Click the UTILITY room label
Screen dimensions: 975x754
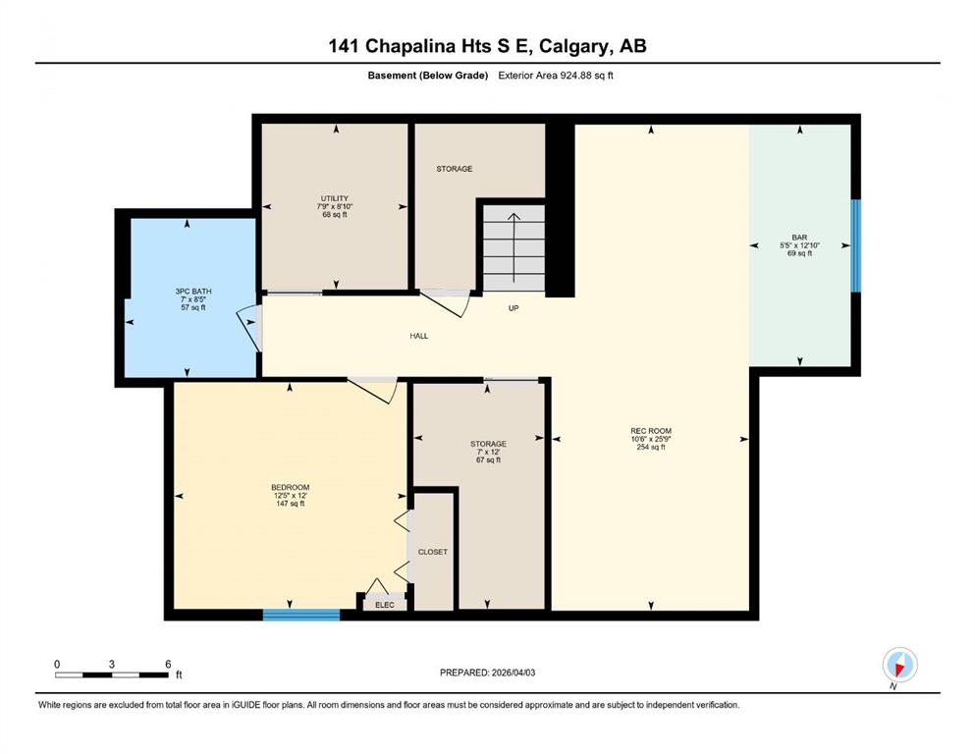pyautogui.click(x=335, y=198)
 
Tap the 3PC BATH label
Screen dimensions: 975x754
pyautogui.click(x=193, y=291)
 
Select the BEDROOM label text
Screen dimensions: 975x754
pyautogui.click(x=291, y=487)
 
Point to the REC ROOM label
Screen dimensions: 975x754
pyautogui.click(x=651, y=431)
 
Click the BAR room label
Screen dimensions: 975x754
pyautogui.click(x=799, y=238)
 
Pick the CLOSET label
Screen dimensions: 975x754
pyautogui.click(x=433, y=552)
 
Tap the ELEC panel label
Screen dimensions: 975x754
pyautogui.click(x=385, y=605)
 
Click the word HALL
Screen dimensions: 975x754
pyautogui.click(x=419, y=336)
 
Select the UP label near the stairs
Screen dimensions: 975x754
pyautogui.click(x=514, y=308)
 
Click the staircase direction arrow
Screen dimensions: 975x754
pyautogui.click(x=515, y=247)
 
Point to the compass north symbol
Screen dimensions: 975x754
pyautogui.click(x=899, y=666)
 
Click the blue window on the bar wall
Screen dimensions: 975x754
pyautogui.click(x=856, y=245)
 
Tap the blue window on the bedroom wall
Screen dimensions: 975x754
pyautogui.click(x=301, y=615)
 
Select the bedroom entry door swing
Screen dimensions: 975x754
pyautogui.click(x=373, y=390)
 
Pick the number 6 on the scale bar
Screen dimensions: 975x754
pyautogui.click(x=168, y=664)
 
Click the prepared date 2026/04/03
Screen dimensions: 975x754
pyautogui.click(x=513, y=673)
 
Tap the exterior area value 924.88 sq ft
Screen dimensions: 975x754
pyautogui.click(x=587, y=76)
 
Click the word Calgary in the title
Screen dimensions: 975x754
pyautogui.click(x=575, y=46)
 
